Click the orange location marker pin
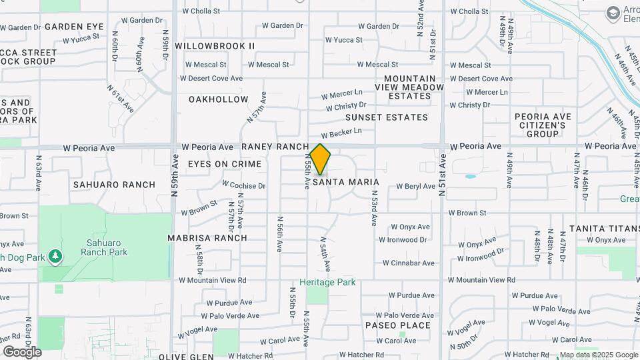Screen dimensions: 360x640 pyautogui.click(x=320, y=159)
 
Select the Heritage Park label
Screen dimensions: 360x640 pyautogui.click(x=327, y=282)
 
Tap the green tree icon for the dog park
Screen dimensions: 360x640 pyautogui.click(x=55, y=256)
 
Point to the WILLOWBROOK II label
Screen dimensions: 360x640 pyautogui.click(x=215, y=45)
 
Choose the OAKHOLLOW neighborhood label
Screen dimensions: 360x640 pyautogui.click(x=218, y=99)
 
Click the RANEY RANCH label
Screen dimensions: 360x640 pyautogui.click(x=275, y=146)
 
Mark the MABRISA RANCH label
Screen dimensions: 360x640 pyautogui.click(x=207, y=237)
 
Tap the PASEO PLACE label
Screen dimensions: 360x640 pyautogui.click(x=398, y=325)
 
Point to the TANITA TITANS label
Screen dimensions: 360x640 pyautogui.click(x=604, y=228)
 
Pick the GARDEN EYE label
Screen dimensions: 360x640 pyautogui.click(x=74, y=26)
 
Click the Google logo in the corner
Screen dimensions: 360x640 pyautogui.click(x=22, y=351)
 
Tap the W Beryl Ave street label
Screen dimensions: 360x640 pyautogui.click(x=415, y=187)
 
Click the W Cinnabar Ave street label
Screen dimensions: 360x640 pyautogui.click(x=409, y=263)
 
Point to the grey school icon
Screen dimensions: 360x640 pyautogui.click(x=612, y=13)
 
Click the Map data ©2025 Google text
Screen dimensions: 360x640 pyautogui.click(x=598, y=355)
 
